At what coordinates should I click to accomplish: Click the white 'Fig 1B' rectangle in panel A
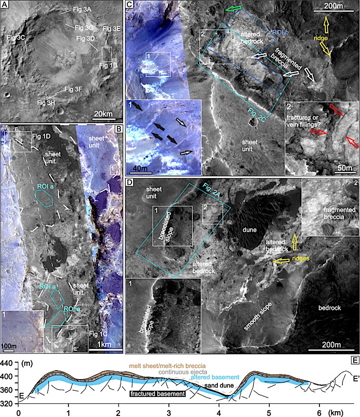(107, 54)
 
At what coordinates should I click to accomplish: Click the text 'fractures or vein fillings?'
(305, 120)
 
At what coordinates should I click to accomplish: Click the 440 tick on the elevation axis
(8, 365)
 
